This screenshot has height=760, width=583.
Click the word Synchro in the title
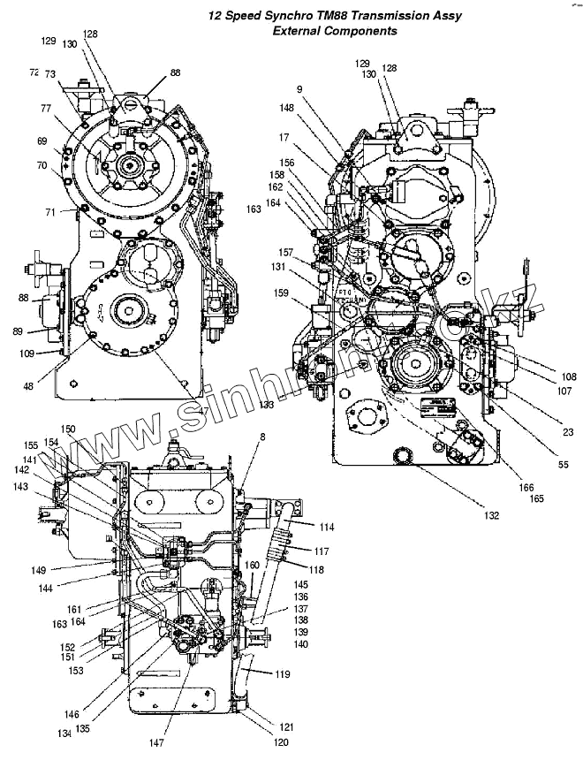point(297,16)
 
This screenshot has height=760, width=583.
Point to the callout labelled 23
point(543,432)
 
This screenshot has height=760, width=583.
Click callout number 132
point(491,515)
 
